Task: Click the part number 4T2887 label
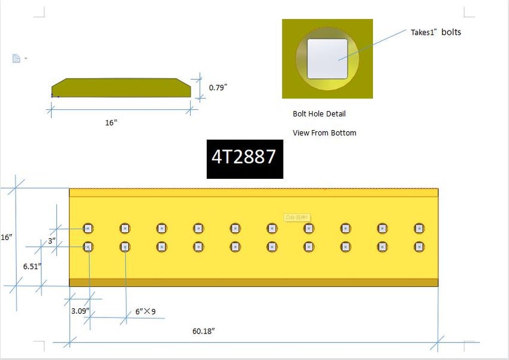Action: click(244, 157)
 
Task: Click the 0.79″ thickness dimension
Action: click(218, 88)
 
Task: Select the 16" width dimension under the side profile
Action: click(111, 122)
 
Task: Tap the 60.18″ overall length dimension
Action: click(203, 331)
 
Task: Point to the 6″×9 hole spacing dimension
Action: click(146, 311)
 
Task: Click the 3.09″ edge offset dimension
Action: click(80, 311)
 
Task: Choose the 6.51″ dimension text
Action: click(32, 265)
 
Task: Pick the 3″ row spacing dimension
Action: click(53, 241)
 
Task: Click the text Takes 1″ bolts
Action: click(436, 32)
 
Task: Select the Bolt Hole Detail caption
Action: click(319, 113)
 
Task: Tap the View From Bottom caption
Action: click(324, 133)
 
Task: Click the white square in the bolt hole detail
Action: click(327, 59)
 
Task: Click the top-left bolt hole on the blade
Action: click(88, 228)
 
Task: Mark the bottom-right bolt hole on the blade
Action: click(419, 247)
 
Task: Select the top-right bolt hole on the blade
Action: click(419, 228)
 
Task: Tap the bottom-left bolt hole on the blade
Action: click(88, 247)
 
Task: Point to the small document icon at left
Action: click(17, 58)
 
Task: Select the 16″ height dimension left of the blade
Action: click(7, 237)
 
